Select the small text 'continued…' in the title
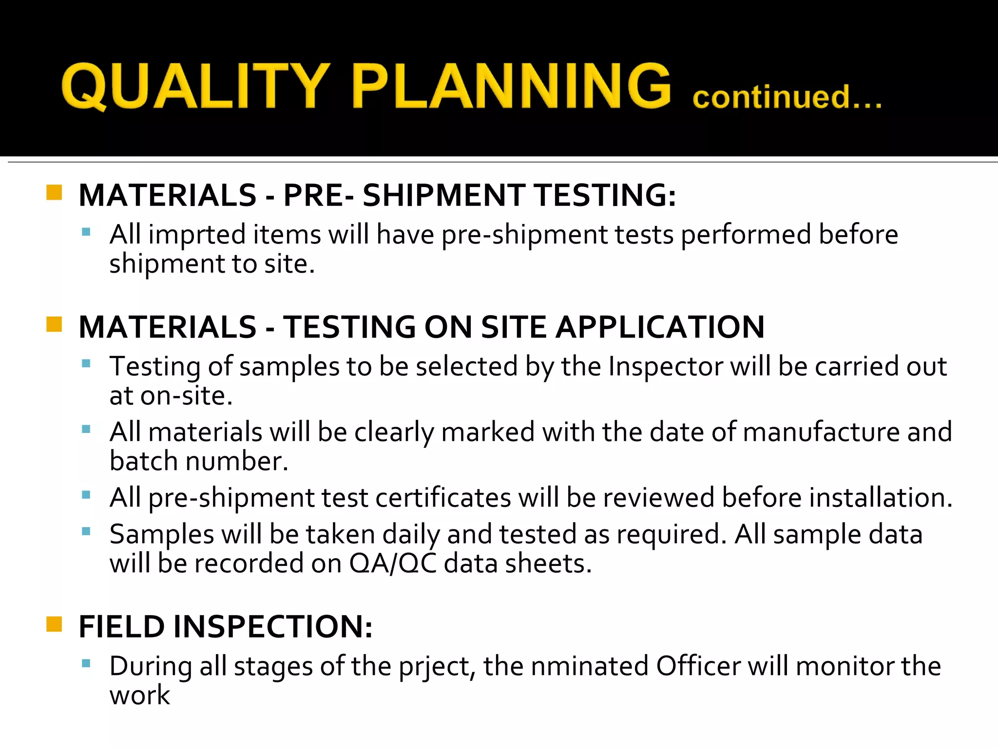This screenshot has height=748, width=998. [x=787, y=97]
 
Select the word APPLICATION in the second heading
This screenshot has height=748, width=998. [x=660, y=327]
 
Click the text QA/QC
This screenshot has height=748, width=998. [x=393, y=563]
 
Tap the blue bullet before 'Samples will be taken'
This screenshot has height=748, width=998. [x=86, y=531]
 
